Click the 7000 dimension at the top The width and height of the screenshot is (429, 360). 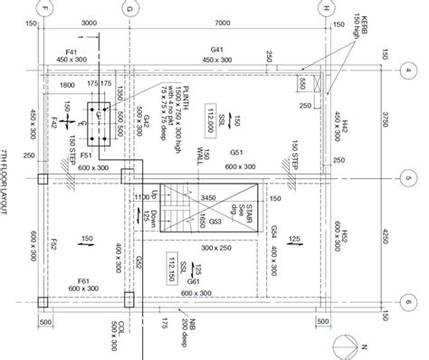[227, 23]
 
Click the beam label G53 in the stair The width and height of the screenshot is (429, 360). [214, 220]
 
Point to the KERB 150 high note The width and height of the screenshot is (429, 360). [352, 26]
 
